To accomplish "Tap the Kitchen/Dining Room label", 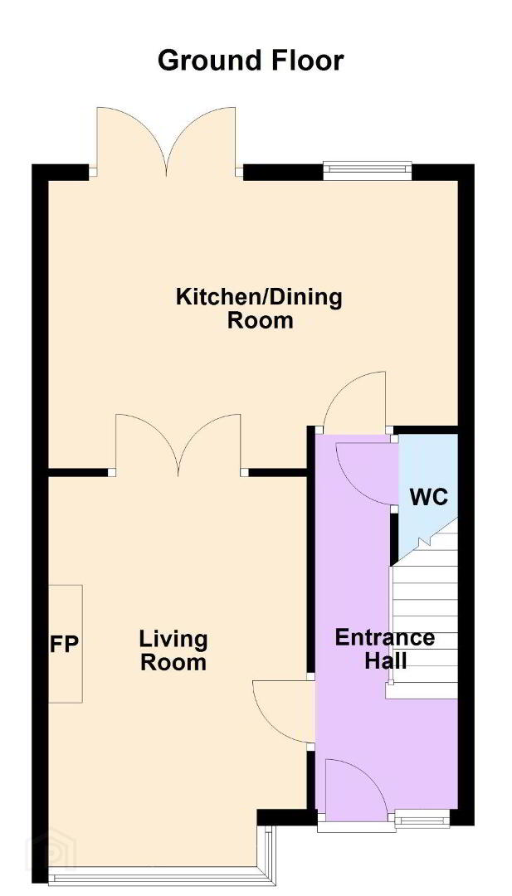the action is click(x=260, y=309).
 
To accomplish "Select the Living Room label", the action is click(x=173, y=651).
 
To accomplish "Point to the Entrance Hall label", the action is click(x=384, y=649).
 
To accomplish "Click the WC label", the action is click(x=428, y=498).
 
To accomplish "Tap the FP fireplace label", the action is click(x=64, y=644).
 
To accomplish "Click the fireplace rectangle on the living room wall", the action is click(x=66, y=644).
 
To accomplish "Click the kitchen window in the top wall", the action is click(x=367, y=170).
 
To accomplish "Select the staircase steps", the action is click(x=423, y=609).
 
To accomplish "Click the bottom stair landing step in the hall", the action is click(x=422, y=690).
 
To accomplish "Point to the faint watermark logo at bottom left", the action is click(x=51, y=855).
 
